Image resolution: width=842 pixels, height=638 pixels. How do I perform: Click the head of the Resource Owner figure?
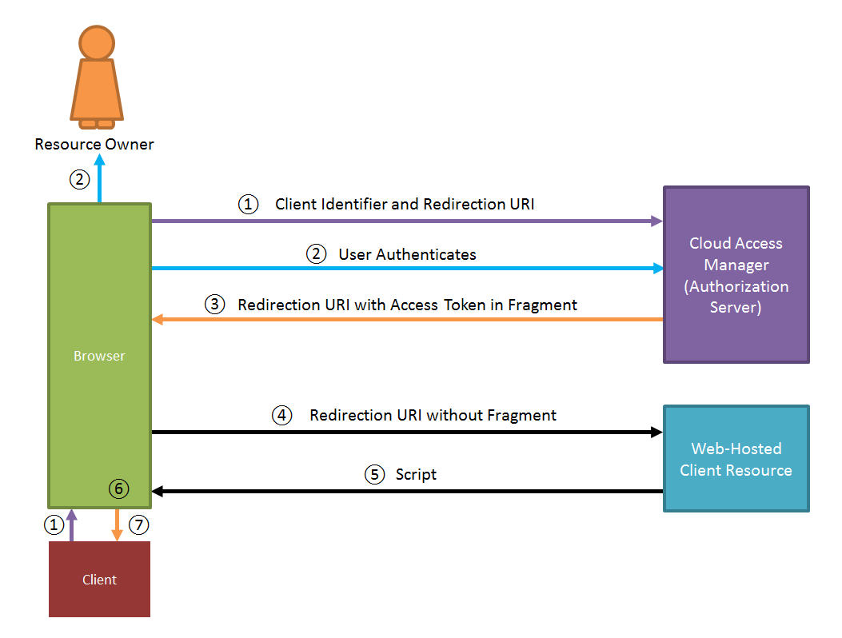(97, 42)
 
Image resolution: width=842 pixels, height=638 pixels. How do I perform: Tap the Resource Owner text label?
(94, 145)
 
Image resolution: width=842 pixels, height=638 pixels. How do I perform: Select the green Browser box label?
(99, 356)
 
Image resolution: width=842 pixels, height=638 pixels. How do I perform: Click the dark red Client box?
(99, 580)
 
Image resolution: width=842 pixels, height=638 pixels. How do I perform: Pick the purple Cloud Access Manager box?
(736, 275)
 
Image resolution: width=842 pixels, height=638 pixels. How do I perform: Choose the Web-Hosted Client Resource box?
(736, 459)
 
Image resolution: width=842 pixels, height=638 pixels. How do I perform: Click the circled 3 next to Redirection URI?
(214, 305)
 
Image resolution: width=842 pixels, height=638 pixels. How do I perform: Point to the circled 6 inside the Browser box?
(118, 488)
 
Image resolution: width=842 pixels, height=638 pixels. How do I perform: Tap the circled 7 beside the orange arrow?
(139, 525)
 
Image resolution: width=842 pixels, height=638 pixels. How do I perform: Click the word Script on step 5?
(416, 475)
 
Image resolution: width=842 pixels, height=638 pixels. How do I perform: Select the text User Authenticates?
(407, 255)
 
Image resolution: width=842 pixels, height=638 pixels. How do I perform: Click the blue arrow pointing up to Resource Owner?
(100, 181)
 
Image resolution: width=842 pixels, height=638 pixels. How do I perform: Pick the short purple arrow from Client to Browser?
(72, 525)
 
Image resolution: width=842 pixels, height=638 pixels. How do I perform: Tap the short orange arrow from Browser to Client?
(118, 525)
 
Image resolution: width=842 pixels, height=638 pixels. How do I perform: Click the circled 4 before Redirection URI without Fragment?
(282, 416)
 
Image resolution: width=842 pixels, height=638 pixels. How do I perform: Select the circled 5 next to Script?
(374, 475)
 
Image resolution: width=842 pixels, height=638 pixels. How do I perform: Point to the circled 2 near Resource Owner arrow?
(79, 180)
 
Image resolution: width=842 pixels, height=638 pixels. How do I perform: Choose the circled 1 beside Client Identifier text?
(248, 205)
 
